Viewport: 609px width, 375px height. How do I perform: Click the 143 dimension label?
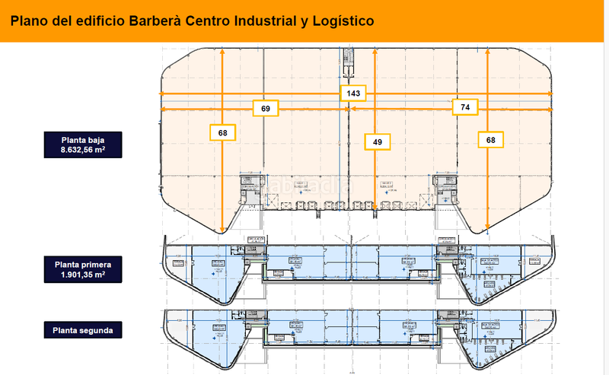coord(354,93)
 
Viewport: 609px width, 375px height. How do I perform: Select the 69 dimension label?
coord(266,109)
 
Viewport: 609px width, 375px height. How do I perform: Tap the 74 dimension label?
coord(465,107)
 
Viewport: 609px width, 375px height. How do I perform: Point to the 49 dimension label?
coord(377,141)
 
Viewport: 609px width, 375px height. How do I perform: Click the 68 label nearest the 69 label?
coord(222,133)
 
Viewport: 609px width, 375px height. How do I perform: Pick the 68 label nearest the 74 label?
coord(491,140)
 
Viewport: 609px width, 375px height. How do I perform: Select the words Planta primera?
coord(84,264)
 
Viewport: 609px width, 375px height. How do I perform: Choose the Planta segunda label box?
coord(84,330)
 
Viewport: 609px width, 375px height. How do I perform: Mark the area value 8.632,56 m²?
coord(84,151)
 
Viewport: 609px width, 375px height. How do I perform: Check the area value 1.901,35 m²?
coord(84,275)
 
